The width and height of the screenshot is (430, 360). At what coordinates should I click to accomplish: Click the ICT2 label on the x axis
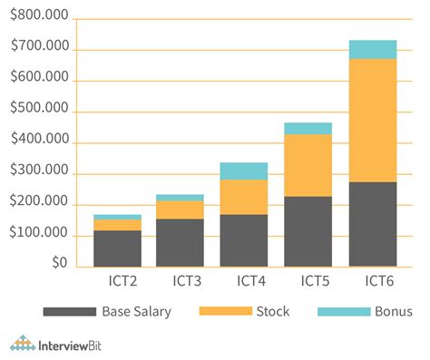[x=117, y=280]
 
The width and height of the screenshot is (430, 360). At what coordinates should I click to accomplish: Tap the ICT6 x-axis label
[x=372, y=280]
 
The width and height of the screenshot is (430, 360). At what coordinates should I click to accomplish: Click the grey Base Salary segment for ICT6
[x=373, y=224]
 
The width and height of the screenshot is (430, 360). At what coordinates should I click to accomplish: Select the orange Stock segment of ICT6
[x=373, y=120]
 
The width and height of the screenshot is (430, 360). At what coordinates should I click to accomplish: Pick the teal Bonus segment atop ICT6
[x=373, y=49]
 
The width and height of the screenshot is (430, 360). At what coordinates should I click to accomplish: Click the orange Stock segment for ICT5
[x=308, y=165]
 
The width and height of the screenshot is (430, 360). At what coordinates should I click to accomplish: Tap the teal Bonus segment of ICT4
[x=243, y=170]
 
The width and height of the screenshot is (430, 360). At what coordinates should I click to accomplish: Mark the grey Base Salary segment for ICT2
[x=117, y=248]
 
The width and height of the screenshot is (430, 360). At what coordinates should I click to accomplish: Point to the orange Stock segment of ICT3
[x=180, y=209]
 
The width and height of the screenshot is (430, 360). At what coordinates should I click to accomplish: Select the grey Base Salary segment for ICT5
[x=308, y=231]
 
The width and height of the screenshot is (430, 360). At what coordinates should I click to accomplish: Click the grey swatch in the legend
[x=69, y=311]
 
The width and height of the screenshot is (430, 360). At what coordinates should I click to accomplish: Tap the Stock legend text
[x=272, y=311]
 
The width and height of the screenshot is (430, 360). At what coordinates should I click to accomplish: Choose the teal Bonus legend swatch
[x=344, y=311]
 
